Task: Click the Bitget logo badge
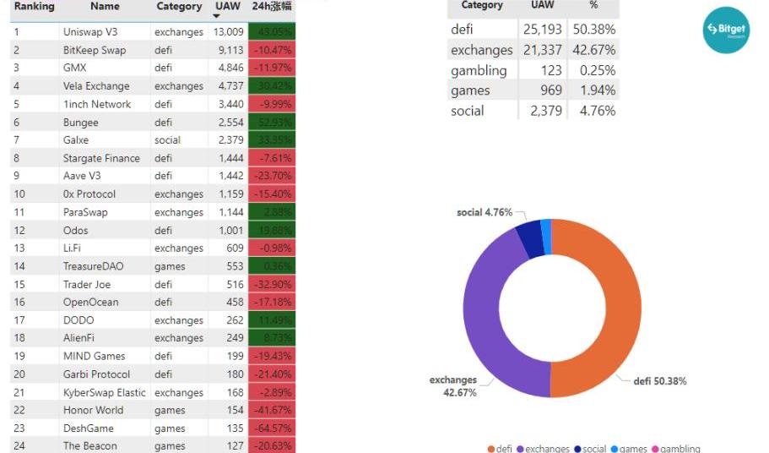pos(726,30)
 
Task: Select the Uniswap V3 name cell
pos(90,32)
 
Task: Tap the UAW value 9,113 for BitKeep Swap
pos(229,50)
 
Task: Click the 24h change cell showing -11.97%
pos(272,68)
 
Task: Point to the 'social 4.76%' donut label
pos(485,213)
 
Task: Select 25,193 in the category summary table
pos(544,30)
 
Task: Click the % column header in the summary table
pos(593,6)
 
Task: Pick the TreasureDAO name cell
pos(93,266)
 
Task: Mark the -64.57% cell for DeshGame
pos(272,428)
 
